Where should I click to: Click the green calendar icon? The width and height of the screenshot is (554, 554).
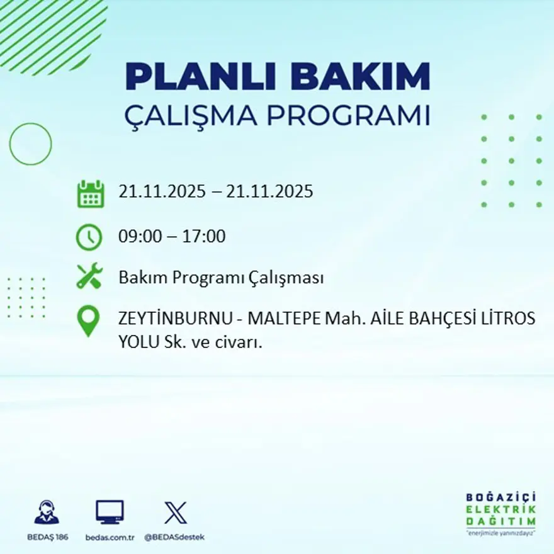pyautogui.click(x=90, y=194)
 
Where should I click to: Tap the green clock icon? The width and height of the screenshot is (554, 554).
pyautogui.click(x=89, y=237)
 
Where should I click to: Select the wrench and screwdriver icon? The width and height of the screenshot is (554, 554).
pyautogui.click(x=89, y=277)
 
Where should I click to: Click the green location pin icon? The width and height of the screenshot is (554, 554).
pyautogui.click(x=88, y=320)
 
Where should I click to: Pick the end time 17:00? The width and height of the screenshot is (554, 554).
pyautogui.click(x=204, y=237)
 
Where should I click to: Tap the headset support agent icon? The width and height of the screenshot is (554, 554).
pyautogui.click(x=47, y=512)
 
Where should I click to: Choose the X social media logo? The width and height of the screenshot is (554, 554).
pyautogui.click(x=175, y=512)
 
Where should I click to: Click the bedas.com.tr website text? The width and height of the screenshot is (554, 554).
pyautogui.click(x=110, y=537)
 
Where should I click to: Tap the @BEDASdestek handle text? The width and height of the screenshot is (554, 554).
pyautogui.click(x=175, y=537)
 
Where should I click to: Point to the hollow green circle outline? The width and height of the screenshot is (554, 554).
pyautogui.click(x=30, y=144)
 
